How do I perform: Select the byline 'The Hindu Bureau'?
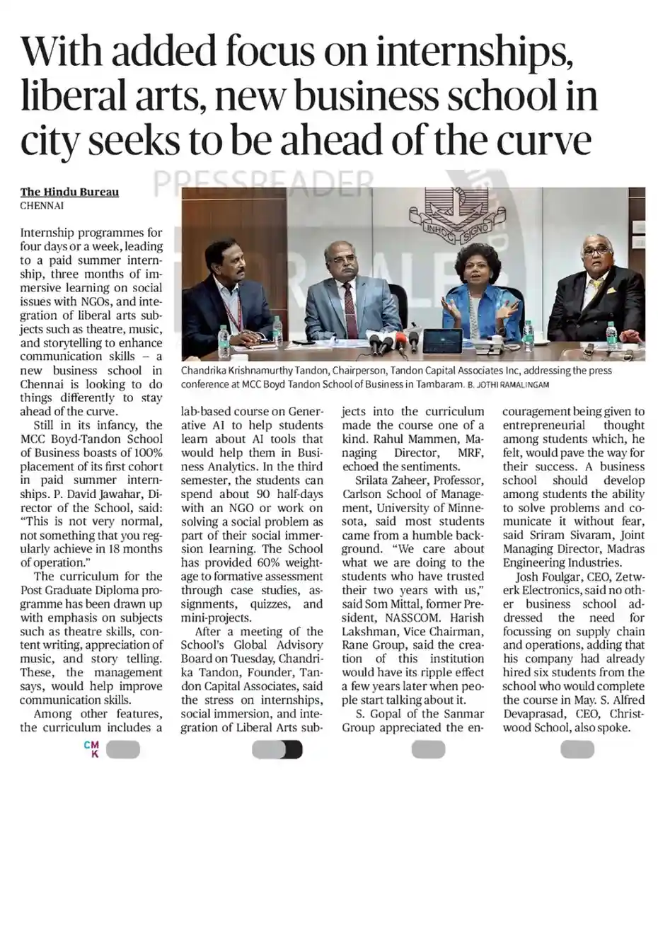69,192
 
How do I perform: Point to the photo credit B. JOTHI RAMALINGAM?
514,384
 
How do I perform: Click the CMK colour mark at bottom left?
91,749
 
